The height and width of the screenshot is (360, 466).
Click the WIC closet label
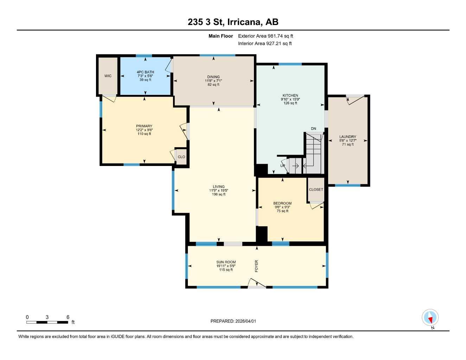coord(108,76)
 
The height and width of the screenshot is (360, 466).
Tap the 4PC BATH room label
coord(145,72)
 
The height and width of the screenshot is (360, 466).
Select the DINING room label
coord(213,77)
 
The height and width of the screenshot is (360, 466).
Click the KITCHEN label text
coord(290,96)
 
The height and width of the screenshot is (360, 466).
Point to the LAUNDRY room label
coord(347,137)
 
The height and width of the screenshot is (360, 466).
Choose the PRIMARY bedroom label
coord(144,126)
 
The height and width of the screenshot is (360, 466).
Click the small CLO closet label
coord(181,157)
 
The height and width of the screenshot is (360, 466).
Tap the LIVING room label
coord(218,187)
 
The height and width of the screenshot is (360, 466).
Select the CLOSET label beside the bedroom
coord(316,189)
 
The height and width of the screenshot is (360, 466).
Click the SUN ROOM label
coord(226,262)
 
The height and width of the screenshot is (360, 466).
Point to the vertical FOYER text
coord(256,266)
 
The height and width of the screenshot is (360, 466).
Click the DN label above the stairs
coord(313,129)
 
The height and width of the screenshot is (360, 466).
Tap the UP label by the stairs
coord(283,166)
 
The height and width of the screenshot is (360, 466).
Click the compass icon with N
coord(430,318)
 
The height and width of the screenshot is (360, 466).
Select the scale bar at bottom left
coord(47,322)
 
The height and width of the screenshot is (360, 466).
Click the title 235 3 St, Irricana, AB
coord(233,22)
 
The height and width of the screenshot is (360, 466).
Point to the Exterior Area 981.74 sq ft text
coord(266,36)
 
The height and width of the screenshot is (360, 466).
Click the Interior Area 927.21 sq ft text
coord(265,44)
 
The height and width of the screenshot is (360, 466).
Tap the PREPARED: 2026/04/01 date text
coord(233,321)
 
